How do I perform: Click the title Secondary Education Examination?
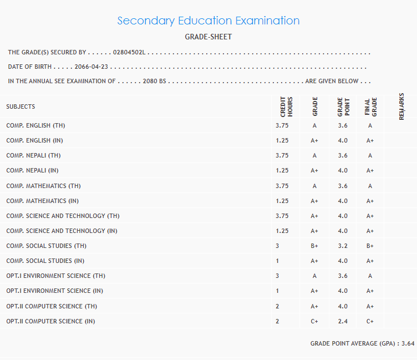208,21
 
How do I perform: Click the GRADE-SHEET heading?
208,37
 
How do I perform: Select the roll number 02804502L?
129,53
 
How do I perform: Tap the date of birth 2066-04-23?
92,67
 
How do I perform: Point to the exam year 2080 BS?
155,82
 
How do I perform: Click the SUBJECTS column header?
21,107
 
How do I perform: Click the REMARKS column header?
401,106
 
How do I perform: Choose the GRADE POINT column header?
343,107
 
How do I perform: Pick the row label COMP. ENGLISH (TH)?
35,126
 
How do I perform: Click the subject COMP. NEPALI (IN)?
33,171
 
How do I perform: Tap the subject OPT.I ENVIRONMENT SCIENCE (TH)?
56,276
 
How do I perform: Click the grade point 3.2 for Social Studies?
343,246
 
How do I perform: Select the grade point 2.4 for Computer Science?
343,321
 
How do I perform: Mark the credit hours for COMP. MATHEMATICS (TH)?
282,186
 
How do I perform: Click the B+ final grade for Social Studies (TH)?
370,246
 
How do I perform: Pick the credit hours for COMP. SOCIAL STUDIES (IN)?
277,261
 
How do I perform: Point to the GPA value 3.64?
408,344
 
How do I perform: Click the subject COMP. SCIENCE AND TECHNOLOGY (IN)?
62,231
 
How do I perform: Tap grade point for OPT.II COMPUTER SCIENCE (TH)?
343,306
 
